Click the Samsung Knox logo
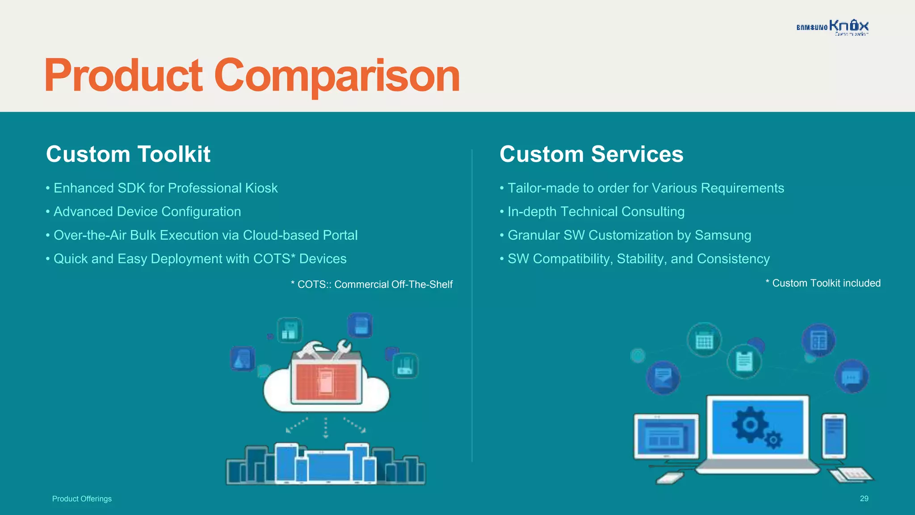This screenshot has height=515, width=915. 832,27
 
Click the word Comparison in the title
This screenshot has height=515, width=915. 337,76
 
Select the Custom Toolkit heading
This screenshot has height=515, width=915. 128,154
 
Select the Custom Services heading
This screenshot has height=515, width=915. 591,154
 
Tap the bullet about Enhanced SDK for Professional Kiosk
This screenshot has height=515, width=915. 165,188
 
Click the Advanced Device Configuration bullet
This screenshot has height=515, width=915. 147,212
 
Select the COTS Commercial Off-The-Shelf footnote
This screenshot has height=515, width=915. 372,285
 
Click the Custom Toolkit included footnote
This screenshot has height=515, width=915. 823,283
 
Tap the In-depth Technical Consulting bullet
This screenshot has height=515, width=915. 596,212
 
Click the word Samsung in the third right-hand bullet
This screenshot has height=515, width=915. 723,236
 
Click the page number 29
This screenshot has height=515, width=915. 864,498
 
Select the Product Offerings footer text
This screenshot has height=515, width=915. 82,499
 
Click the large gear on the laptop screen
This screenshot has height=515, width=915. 750,424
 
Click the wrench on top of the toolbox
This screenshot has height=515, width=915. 341,349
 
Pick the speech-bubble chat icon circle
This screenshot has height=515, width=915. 852,377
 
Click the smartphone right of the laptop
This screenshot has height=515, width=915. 834,436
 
